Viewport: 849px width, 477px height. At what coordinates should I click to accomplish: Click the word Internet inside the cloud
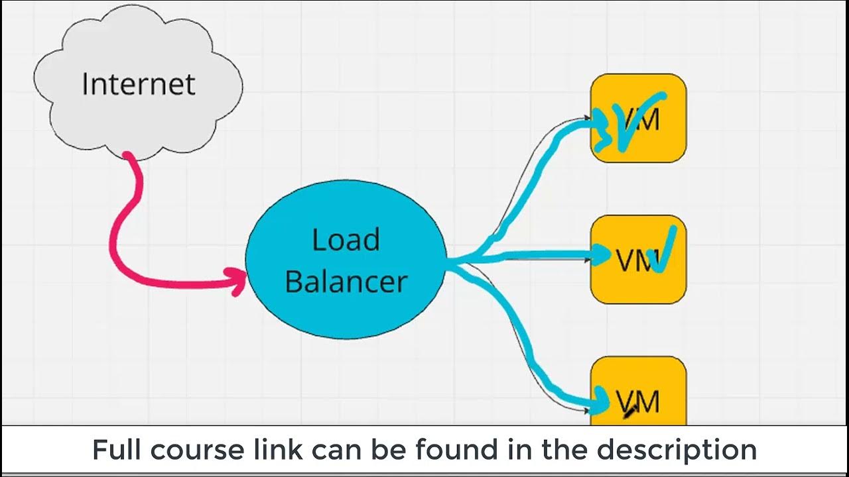tap(138, 84)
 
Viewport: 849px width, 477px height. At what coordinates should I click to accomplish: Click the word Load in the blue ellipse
tap(346, 239)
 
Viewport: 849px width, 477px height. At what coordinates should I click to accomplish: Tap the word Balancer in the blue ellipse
tap(346, 281)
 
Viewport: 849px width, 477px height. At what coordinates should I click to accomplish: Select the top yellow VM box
tap(638, 118)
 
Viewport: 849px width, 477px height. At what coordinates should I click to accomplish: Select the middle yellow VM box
tap(638, 260)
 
